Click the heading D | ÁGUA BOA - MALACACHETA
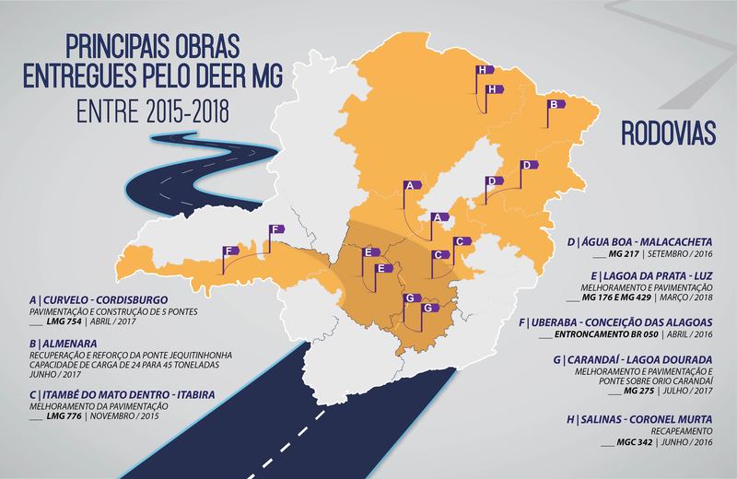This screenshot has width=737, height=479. pyautogui.click(x=645, y=243)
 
